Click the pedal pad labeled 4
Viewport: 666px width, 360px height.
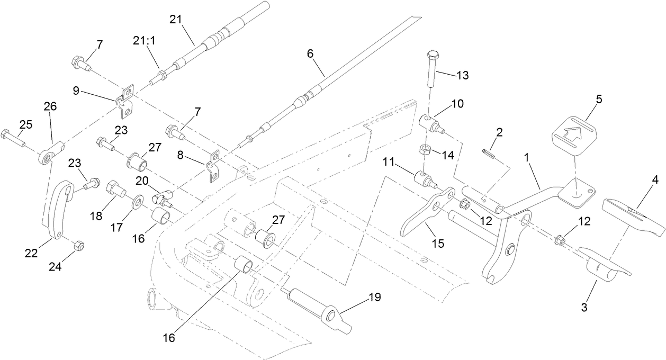[633, 217]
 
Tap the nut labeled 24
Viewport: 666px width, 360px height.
[77, 246]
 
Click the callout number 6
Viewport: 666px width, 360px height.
[310, 53]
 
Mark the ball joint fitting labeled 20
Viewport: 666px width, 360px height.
[161, 199]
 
